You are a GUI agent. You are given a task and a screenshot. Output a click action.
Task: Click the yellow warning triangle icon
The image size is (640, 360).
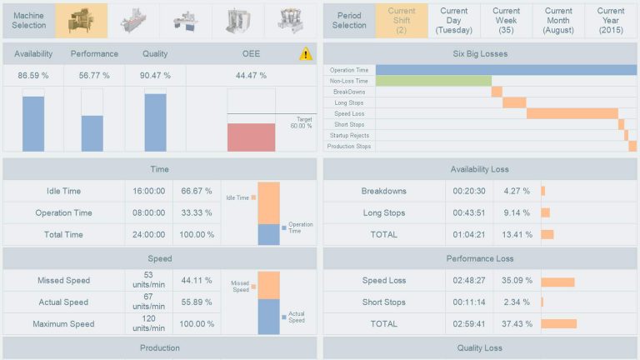pyautogui.click(x=306, y=54)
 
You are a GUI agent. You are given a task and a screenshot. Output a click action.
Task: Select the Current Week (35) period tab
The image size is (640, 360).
pyautogui.click(x=506, y=21)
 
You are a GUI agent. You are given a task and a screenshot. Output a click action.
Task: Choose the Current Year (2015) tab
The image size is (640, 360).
pyautogui.click(x=610, y=21)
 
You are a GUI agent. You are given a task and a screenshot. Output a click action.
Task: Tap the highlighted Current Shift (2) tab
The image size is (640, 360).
pyautogui.click(x=402, y=21)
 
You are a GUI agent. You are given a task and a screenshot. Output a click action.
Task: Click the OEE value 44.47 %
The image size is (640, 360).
pyautogui.click(x=251, y=75)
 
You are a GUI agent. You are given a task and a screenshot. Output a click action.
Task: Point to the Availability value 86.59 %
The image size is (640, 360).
pyautogui.click(x=33, y=75)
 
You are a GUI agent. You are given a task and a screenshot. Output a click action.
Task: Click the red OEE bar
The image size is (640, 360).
pyautogui.click(x=251, y=137)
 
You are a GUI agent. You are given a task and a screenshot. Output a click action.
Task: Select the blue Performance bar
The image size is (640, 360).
pyautogui.click(x=92, y=132)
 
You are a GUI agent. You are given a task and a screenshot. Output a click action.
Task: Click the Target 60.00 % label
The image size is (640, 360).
pyautogui.click(x=301, y=122)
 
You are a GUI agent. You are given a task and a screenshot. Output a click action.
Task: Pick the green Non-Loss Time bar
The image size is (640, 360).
pyautogui.click(x=432, y=81)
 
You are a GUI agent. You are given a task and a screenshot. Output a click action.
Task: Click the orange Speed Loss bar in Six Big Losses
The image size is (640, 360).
pyautogui.click(x=572, y=113)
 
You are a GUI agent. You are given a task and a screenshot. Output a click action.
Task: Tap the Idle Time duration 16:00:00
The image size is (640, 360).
pyautogui.click(x=148, y=191)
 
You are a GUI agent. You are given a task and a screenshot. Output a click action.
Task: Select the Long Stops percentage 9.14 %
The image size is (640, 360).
pyautogui.click(x=517, y=212)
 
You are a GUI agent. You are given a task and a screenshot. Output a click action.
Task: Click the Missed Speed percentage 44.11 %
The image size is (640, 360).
pyautogui.click(x=197, y=281)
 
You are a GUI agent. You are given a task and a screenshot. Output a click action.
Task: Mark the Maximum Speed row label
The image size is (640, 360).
pyautogui.click(x=63, y=324)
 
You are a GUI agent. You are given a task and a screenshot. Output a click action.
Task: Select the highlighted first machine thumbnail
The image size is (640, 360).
pyautogui.click(x=81, y=21)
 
